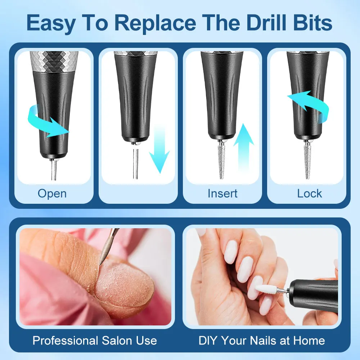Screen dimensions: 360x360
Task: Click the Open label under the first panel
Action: click(52, 193)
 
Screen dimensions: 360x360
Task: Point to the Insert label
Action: click(222, 193)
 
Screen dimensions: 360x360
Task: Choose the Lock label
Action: click(310, 193)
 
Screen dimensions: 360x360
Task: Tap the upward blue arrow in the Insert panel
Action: click(244, 144)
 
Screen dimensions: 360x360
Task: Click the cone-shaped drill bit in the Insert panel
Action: click(222, 160)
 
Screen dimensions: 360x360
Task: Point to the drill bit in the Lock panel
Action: click(307, 160)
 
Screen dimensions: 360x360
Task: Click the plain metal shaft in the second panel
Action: click(135, 162)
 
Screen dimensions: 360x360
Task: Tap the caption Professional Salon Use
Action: click(95, 340)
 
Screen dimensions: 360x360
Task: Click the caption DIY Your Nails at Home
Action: click(262, 340)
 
